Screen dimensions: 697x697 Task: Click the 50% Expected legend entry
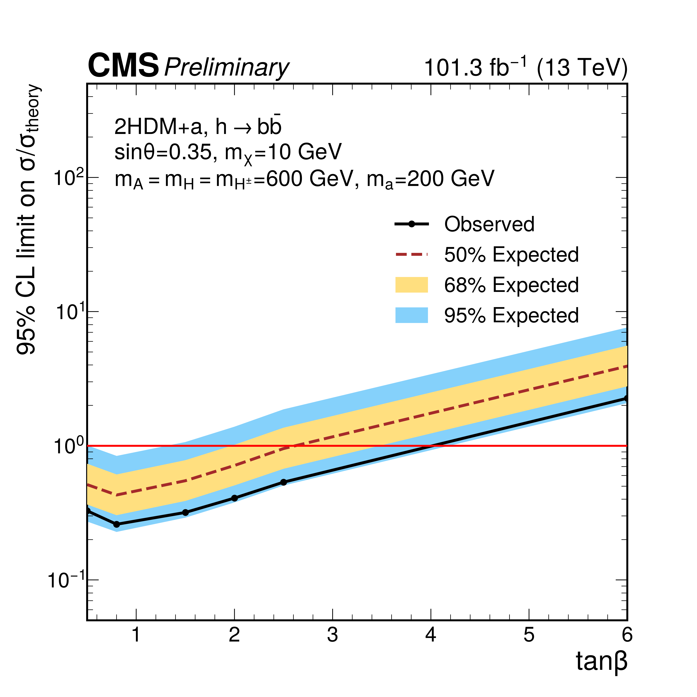coord(511,255)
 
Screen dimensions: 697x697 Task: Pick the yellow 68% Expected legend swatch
coord(411,285)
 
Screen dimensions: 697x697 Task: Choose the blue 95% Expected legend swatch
coord(411,315)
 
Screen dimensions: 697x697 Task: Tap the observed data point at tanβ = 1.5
coord(185,512)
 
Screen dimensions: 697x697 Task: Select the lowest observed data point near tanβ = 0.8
coord(117,524)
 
